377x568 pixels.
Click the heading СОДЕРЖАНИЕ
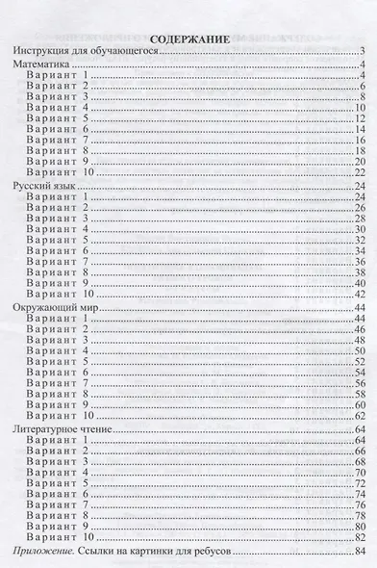click(x=188, y=39)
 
